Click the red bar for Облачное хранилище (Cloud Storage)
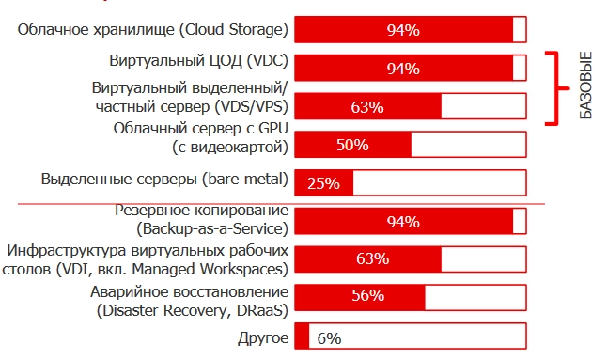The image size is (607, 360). [404, 30]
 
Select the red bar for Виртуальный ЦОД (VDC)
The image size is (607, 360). [404, 69]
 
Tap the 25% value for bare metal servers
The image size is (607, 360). [323, 183]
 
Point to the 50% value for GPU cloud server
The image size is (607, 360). [351, 145]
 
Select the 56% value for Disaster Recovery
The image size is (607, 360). [367, 295]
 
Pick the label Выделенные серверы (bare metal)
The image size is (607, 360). [164, 179]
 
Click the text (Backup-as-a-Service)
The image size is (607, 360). [212, 228]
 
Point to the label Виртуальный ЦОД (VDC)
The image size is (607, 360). [198, 61]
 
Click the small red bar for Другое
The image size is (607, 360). [302, 337]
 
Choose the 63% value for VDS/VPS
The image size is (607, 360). [366, 106]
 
